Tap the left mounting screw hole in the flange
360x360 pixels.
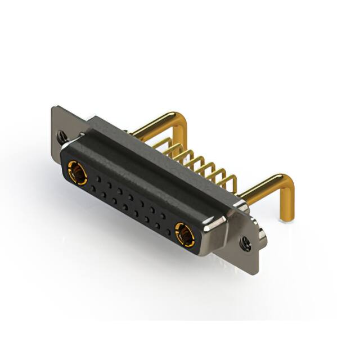click(61, 135)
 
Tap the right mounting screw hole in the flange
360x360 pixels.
click(245, 243)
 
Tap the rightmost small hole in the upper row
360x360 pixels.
click(164, 215)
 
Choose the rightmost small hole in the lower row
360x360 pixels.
click(168, 231)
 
